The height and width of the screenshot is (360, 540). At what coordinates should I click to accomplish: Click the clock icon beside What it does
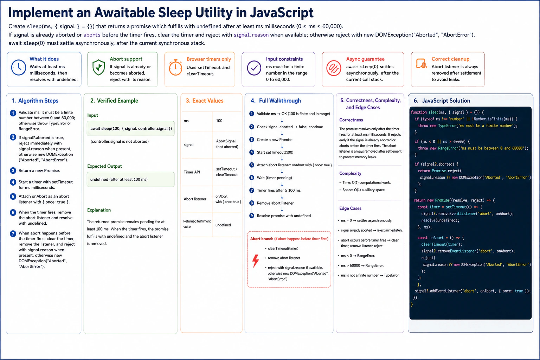click(19, 68)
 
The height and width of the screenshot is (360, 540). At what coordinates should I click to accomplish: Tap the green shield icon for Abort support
click(98, 67)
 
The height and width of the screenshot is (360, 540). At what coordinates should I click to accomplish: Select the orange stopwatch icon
click(175, 67)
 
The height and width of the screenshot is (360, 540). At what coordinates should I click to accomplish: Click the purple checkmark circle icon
click(254, 68)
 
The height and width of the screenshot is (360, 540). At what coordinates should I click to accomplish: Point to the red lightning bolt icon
click(256, 261)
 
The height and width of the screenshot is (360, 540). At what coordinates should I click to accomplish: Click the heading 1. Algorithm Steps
click(35, 101)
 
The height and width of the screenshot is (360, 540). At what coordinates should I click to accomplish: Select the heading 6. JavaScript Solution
click(442, 101)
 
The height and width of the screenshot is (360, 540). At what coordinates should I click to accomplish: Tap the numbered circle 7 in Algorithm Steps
click(13, 233)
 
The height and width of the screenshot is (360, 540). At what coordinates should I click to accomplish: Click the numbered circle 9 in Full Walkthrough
click(252, 216)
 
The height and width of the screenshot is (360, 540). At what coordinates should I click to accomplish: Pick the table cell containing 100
click(227, 121)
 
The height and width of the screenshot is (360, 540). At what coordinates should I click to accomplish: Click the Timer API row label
click(192, 172)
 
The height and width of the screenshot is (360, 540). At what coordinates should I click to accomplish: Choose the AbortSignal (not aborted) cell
click(227, 144)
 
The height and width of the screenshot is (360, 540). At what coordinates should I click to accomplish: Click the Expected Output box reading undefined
click(131, 179)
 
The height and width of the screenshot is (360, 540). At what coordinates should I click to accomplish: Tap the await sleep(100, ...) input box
click(131, 129)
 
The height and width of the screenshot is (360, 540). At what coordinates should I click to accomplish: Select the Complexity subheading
click(350, 173)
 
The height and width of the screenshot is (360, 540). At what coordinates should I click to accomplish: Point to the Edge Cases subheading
click(350, 208)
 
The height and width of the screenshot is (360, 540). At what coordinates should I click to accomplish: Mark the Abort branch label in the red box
click(262, 239)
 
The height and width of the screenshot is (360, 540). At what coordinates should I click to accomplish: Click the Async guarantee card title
click(365, 59)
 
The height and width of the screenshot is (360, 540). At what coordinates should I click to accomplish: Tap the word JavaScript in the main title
click(282, 13)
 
